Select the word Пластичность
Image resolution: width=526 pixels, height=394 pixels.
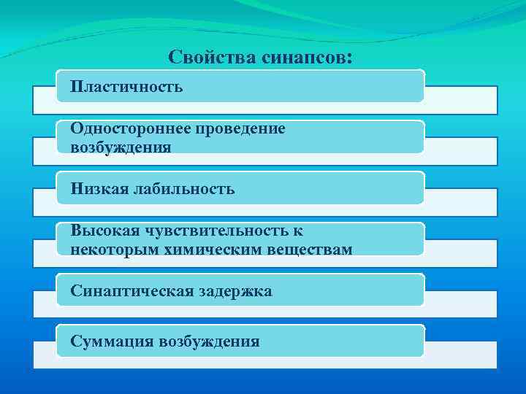tap(126, 87)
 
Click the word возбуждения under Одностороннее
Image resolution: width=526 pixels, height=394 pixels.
tap(121, 147)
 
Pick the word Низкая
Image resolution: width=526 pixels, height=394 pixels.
tap(99, 189)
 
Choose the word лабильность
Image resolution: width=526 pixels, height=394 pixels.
tap(184, 189)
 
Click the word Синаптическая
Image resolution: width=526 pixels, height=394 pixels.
tap(131, 291)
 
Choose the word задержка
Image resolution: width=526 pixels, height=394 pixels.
tap(234, 291)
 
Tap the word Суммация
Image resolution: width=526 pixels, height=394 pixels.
tap(111, 341)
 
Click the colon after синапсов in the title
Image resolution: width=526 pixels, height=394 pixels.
tap(348, 58)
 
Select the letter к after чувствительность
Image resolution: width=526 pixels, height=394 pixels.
tap(297, 231)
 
